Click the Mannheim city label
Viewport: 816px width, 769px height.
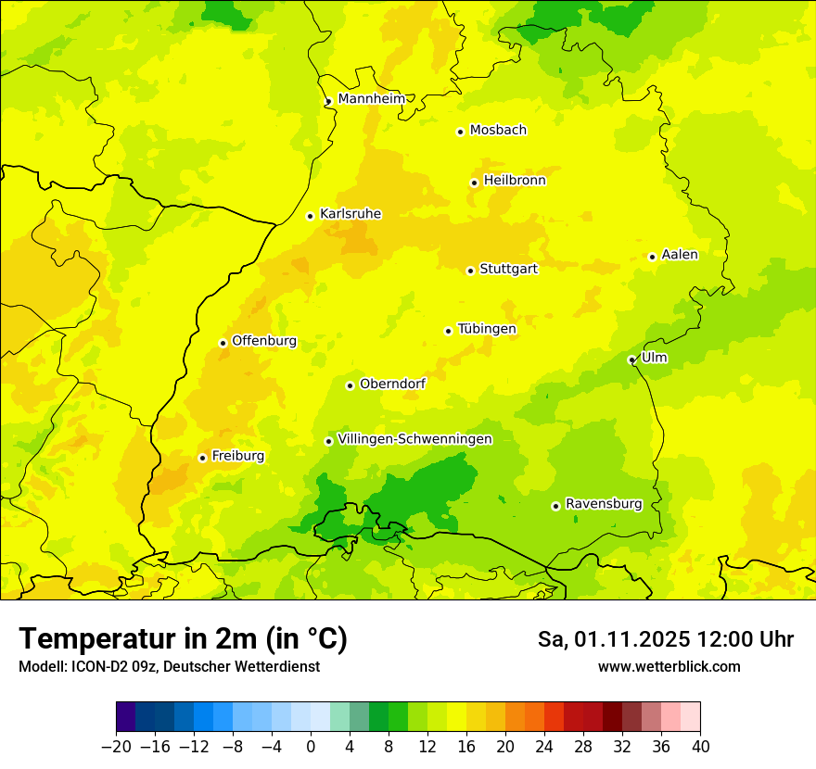tap(371, 99)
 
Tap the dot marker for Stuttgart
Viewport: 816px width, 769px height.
tap(470, 271)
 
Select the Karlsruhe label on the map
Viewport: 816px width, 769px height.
tap(350, 214)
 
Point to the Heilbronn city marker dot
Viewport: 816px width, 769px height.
tap(474, 183)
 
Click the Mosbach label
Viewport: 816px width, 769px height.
tap(498, 131)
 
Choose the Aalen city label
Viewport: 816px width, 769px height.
tap(680, 255)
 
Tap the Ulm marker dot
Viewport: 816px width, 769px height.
tap(631, 359)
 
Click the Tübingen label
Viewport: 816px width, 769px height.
tap(487, 329)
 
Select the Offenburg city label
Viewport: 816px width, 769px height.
tap(264, 341)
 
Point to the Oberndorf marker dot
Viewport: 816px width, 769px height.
tap(350, 385)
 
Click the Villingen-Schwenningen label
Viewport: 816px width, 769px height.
tap(414, 439)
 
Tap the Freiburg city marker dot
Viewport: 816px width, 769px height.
tap(202, 458)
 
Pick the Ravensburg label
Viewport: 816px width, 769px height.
tap(604, 504)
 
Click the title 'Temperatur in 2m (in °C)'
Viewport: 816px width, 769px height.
tap(183, 639)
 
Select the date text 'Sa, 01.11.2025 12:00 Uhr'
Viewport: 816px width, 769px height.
tap(665, 639)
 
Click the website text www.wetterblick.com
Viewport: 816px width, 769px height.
tap(669, 666)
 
